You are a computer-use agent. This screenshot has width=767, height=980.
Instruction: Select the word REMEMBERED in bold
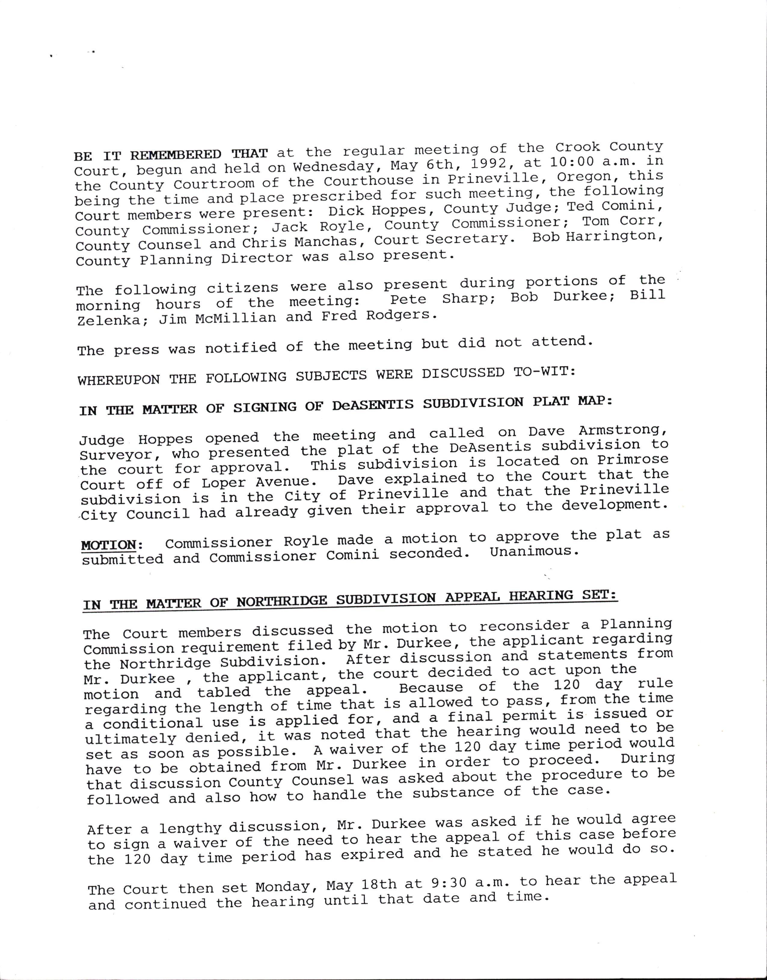point(176,155)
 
